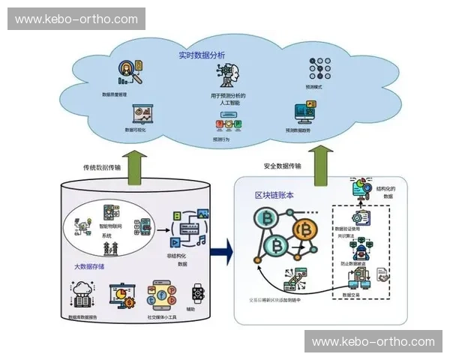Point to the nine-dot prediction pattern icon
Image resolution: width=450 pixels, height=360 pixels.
point(320,68)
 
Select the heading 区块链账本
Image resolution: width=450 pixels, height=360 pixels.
point(274,194)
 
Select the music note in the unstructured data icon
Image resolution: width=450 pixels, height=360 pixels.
point(201,241)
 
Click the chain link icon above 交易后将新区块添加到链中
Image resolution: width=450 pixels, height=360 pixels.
point(293,281)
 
